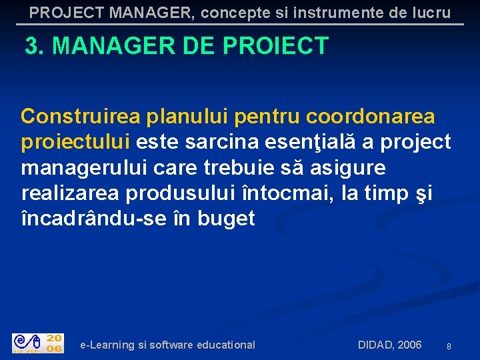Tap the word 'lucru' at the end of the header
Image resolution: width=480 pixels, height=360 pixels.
427,13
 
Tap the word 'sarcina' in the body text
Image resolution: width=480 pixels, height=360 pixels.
219,142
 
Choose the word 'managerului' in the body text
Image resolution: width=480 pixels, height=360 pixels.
87,167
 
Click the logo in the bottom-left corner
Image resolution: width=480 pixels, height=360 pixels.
38,343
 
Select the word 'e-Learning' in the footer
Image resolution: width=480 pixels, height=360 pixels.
107,345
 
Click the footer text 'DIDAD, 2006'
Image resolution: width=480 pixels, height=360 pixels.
389,345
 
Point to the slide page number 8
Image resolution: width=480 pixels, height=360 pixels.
449,347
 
